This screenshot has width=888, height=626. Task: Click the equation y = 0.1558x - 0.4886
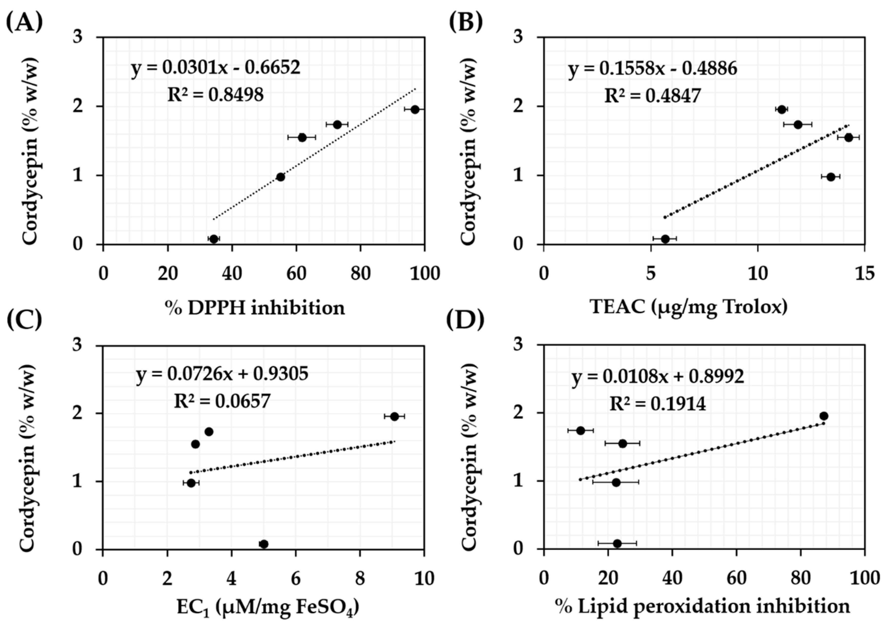pos(653,68)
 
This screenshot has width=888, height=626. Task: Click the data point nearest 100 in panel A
pos(415,110)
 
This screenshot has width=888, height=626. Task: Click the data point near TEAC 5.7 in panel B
pos(665,239)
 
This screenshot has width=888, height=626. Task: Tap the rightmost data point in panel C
pos(394,416)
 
